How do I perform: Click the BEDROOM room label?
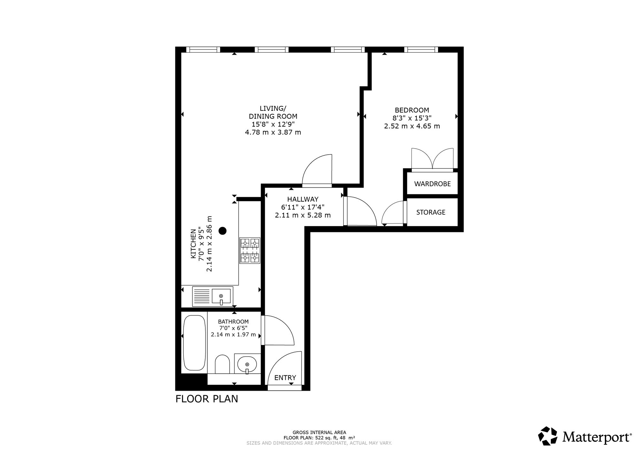coord(412,110)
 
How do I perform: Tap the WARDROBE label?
coord(432,184)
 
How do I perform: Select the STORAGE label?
coord(431,212)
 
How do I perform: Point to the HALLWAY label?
coord(303,199)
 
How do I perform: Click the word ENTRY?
coord(285,378)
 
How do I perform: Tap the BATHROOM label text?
coord(233,322)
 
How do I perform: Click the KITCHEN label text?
coord(193,244)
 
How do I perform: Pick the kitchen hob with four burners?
coord(250,250)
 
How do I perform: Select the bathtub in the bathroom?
coord(194,343)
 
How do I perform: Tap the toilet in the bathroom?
coord(222,364)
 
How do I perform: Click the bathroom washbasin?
coord(247,364)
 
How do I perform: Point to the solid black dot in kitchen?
coord(223,231)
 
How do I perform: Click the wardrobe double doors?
coord(432,159)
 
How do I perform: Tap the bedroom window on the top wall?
coord(421,50)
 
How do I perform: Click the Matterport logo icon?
coord(548,436)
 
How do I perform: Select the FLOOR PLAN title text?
coord(207,399)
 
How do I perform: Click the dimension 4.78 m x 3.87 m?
coord(273,132)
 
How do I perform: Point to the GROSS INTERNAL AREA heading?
coord(319,433)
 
